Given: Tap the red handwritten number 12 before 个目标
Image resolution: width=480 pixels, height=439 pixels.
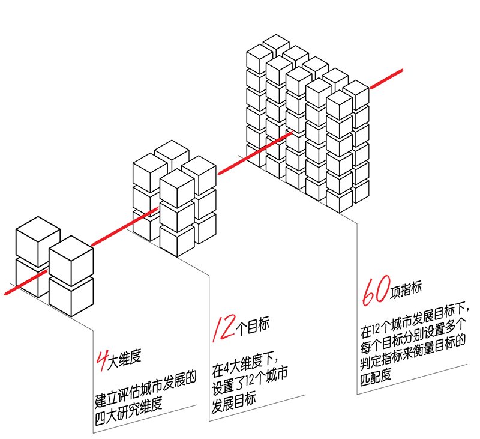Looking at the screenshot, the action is (224, 328).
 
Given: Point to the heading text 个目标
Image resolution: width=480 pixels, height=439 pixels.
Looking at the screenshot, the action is (253, 326).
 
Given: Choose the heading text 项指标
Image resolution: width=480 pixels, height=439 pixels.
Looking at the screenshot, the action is (406, 289).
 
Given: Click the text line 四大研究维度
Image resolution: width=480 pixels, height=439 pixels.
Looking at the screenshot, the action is (128, 411).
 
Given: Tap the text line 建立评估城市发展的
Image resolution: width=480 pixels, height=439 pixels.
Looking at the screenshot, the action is (145, 389).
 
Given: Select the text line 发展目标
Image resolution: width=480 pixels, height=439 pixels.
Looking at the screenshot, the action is (233, 402).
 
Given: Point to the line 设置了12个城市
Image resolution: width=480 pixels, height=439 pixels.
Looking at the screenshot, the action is (250, 383).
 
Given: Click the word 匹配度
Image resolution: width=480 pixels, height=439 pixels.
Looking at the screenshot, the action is (376, 376).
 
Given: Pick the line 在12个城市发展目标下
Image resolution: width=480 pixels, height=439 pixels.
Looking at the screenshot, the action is (414, 319).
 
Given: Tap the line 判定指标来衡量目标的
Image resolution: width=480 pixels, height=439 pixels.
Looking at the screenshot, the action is (413, 353).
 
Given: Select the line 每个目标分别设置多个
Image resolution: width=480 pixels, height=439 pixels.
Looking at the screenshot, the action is (413, 336).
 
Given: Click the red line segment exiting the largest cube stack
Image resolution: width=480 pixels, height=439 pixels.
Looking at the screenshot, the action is (386, 79).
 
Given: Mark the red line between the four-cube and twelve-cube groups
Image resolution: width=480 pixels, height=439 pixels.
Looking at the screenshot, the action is (125, 226).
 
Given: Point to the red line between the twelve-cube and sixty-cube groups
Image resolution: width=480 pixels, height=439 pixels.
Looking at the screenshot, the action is (256, 153).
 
